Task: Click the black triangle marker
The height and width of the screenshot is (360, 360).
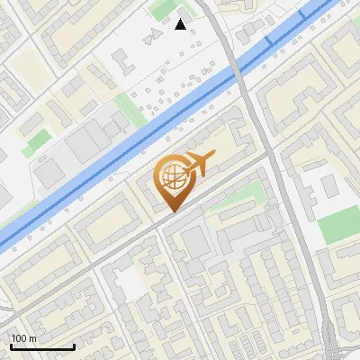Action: point(181,24)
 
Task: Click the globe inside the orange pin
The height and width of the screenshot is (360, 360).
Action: point(171,175)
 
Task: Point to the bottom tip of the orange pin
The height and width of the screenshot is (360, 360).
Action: point(172,211)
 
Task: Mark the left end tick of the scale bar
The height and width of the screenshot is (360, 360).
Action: point(10,346)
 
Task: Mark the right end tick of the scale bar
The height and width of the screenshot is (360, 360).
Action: point(74,346)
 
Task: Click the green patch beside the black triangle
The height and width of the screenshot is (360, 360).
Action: point(163,11)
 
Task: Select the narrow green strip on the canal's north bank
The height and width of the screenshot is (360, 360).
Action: point(130,110)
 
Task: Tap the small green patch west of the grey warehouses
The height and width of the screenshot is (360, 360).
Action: point(38,141)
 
